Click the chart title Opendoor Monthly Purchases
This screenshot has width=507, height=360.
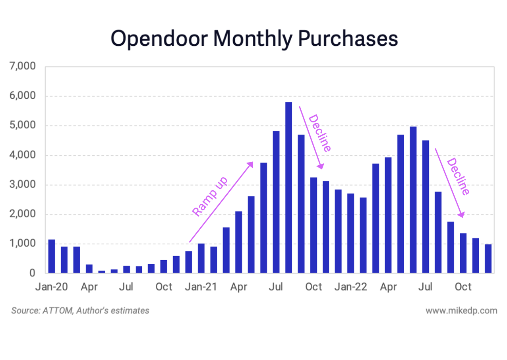point(254,39)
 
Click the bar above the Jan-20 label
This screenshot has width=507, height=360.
point(52,256)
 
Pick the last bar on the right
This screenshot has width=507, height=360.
point(488,259)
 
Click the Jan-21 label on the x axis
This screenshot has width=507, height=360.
point(201,286)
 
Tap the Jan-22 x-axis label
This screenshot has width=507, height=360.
point(350,286)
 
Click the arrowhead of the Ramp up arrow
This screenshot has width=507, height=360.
point(251,163)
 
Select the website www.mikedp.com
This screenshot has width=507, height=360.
point(461,310)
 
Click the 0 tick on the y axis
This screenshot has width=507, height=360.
point(32,273)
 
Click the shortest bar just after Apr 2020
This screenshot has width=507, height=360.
point(102,272)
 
